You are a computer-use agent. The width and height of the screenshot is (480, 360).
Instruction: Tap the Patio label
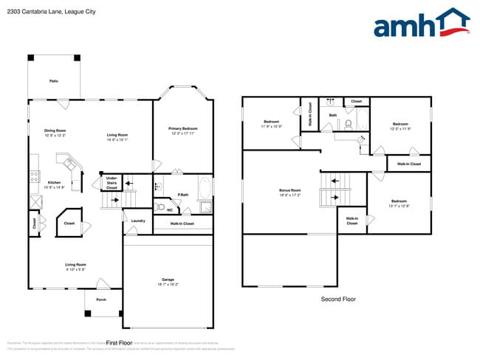[54, 80]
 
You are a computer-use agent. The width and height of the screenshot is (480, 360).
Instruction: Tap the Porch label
[101, 300]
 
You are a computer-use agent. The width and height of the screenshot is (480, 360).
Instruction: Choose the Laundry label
[137, 221]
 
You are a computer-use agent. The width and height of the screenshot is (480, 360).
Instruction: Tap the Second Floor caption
[338, 300]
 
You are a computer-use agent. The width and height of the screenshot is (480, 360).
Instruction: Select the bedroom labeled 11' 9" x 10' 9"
[271, 124]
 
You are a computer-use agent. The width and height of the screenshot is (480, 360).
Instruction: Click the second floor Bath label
[333, 115]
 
